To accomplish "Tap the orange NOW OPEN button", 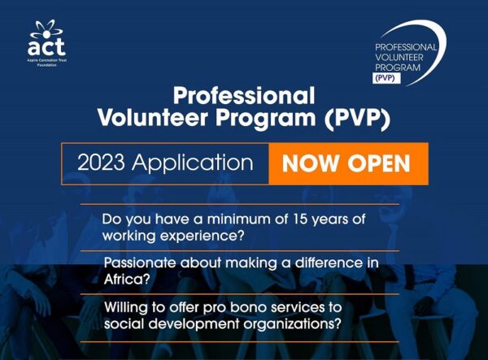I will coord(346,163).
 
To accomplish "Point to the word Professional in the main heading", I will coord(244,94).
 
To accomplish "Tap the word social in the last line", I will coord(123,324).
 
